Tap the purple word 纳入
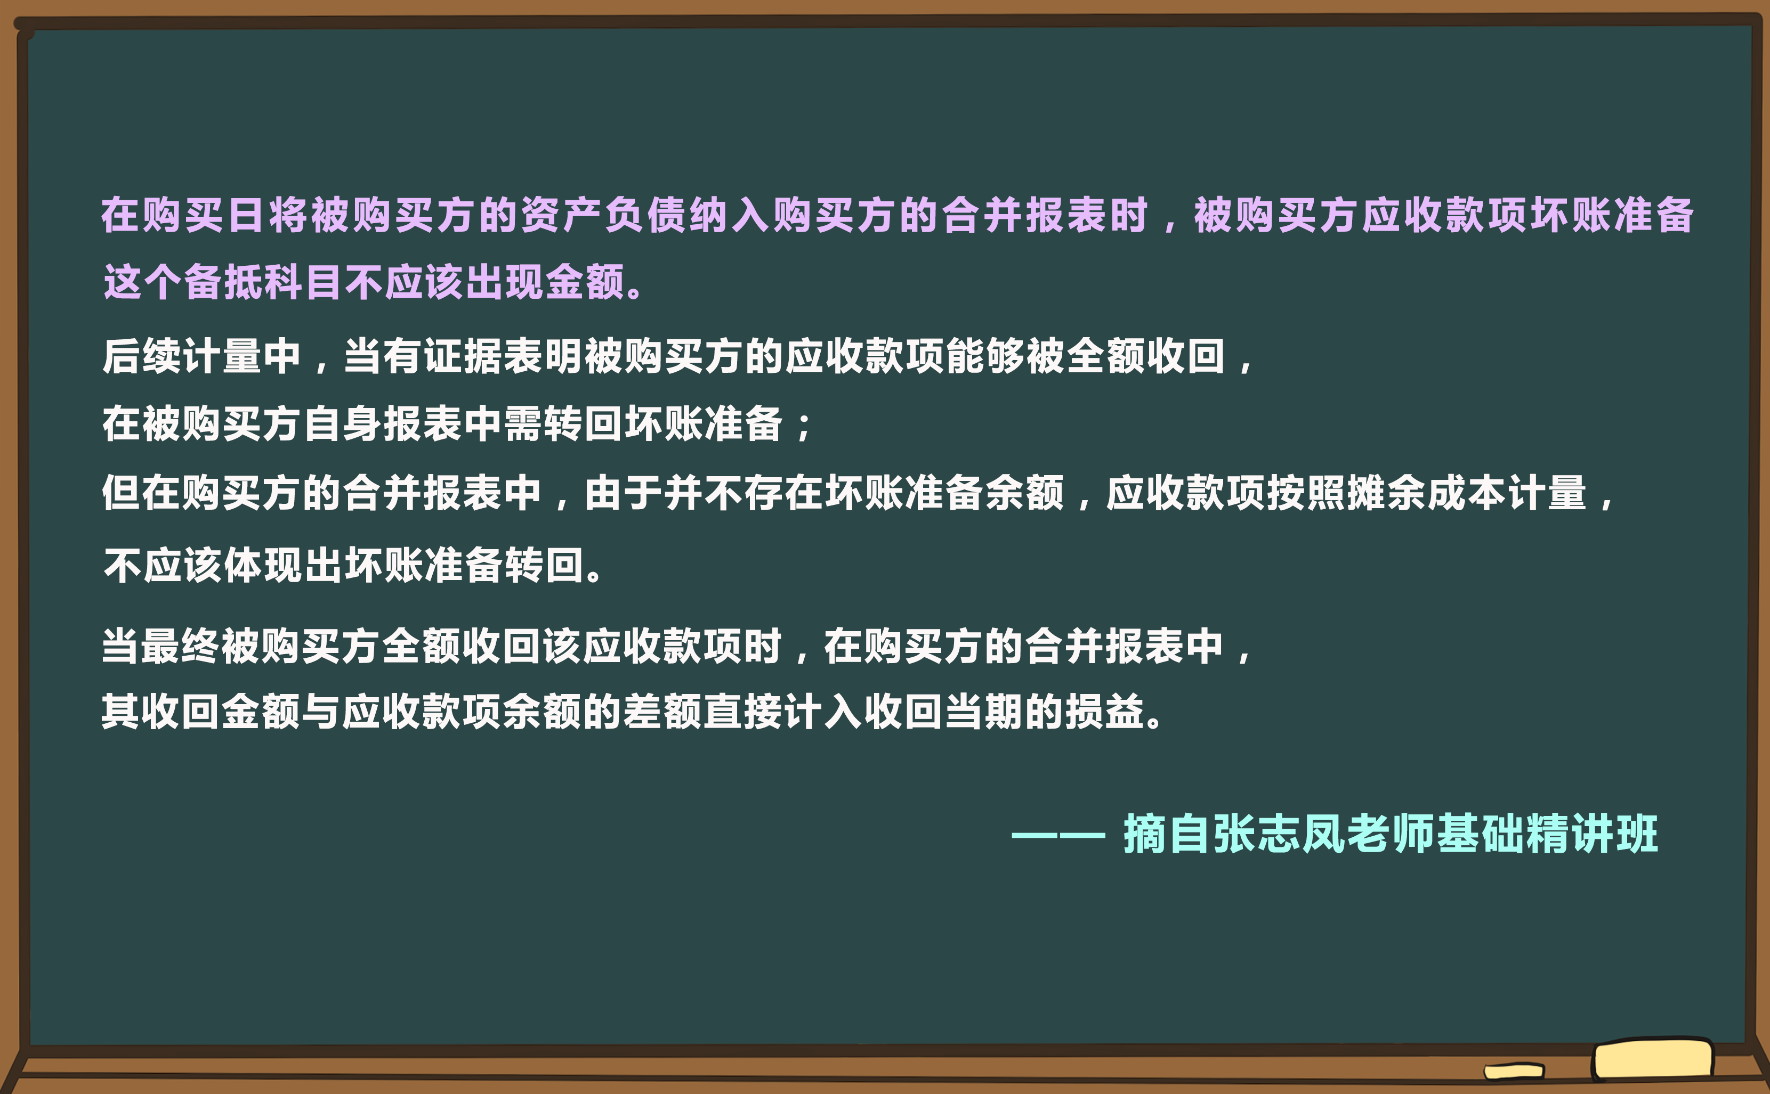click(x=730, y=216)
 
